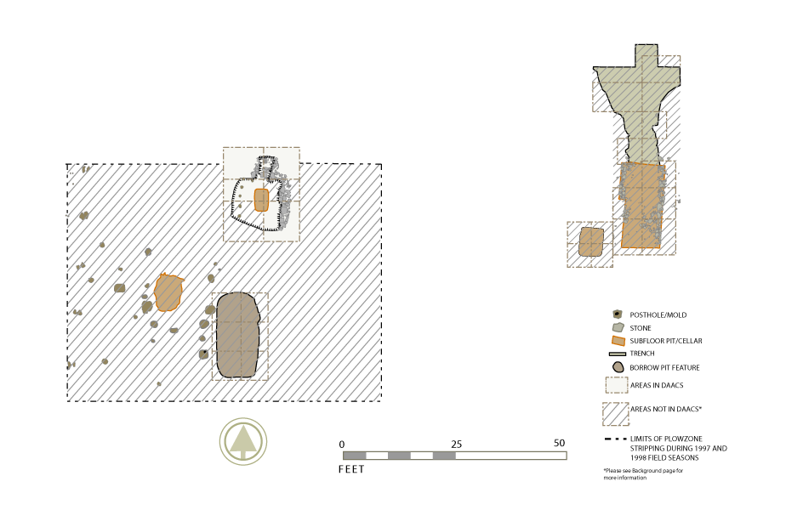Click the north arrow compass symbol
click(x=243, y=441)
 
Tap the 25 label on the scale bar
click(x=456, y=444)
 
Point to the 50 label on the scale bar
click(x=560, y=443)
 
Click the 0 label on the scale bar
click(x=342, y=445)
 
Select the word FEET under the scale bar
click(x=351, y=469)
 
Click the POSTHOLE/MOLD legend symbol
click(x=618, y=314)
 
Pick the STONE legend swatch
click(x=618, y=327)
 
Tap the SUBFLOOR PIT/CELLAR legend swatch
click(x=618, y=341)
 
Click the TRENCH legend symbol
click(x=618, y=354)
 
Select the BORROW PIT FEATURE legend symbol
click(x=618, y=368)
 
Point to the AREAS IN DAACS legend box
click(x=617, y=385)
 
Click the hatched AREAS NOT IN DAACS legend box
click(x=616, y=414)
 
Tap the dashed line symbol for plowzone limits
click(x=616, y=439)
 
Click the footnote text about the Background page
click(x=643, y=474)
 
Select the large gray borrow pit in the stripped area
click(x=237, y=335)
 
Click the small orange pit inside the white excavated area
click(x=261, y=200)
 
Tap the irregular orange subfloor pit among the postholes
click(x=168, y=292)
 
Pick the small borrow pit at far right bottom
click(x=591, y=242)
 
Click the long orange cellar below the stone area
click(x=642, y=205)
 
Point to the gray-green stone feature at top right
click(x=639, y=100)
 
